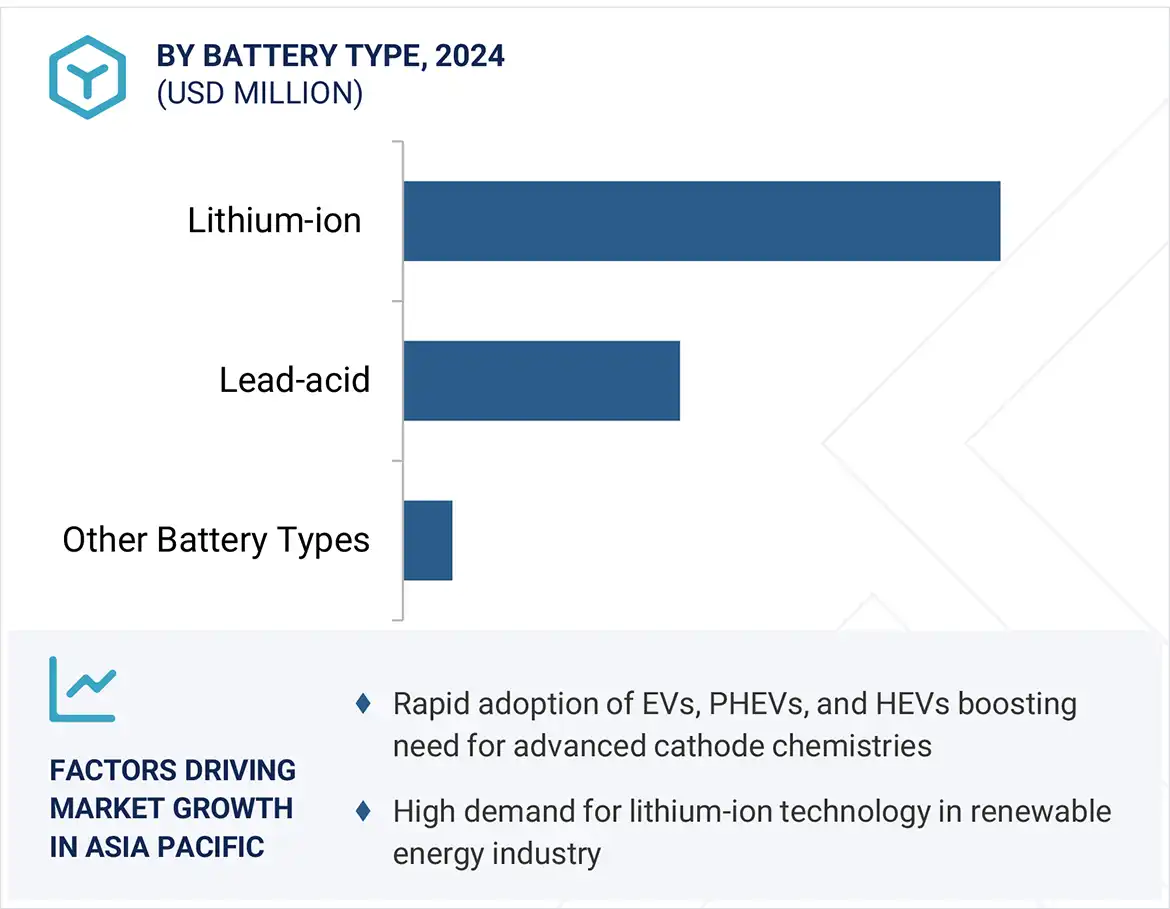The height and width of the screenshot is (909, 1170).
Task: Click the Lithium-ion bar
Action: pyautogui.click(x=701, y=221)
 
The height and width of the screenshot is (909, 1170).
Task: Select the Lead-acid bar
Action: pyautogui.click(x=541, y=380)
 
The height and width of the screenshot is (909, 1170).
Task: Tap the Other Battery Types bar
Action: pyautogui.click(x=428, y=540)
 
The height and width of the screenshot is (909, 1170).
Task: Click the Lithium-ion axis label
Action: pyautogui.click(x=274, y=220)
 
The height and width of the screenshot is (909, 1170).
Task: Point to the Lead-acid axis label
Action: pyautogui.click(x=294, y=380)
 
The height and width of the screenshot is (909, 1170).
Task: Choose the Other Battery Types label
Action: pyautogui.click(x=216, y=540)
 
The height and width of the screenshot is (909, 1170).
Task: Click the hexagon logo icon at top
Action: pyautogui.click(x=88, y=77)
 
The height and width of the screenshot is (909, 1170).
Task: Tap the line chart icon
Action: pyautogui.click(x=83, y=689)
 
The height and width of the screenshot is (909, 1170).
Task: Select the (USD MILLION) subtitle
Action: pyautogui.click(x=259, y=93)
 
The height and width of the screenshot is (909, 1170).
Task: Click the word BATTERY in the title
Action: pyautogui.click(x=261, y=55)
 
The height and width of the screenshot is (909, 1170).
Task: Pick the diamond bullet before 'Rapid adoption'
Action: pyautogui.click(x=364, y=704)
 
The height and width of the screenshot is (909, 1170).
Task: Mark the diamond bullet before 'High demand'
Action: pyautogui.click(x=364, y=811)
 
